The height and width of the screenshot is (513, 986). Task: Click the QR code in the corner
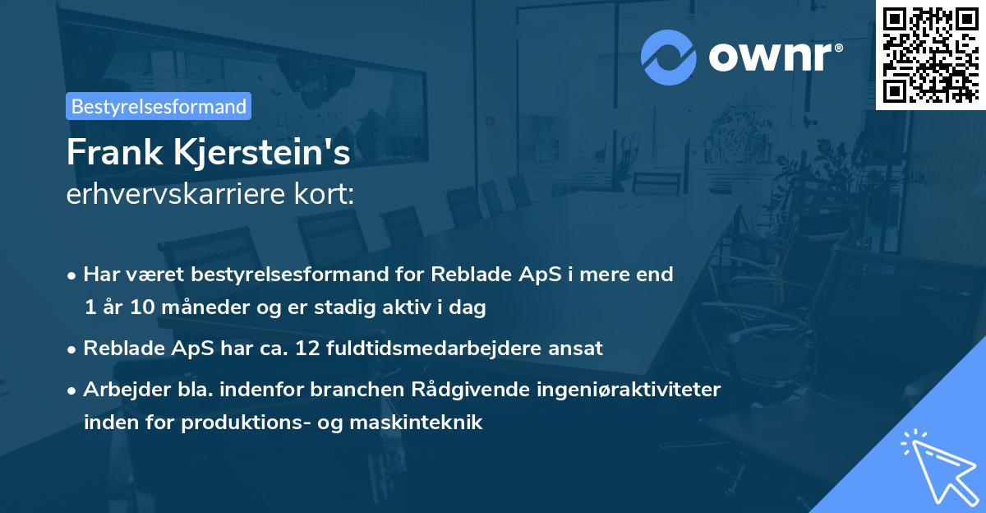tap(930, 54)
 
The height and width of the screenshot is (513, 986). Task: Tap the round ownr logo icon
tap(669, 57)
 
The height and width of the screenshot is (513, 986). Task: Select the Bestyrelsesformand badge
tap(159, 106)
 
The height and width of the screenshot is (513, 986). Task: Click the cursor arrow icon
tap(937, 464)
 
